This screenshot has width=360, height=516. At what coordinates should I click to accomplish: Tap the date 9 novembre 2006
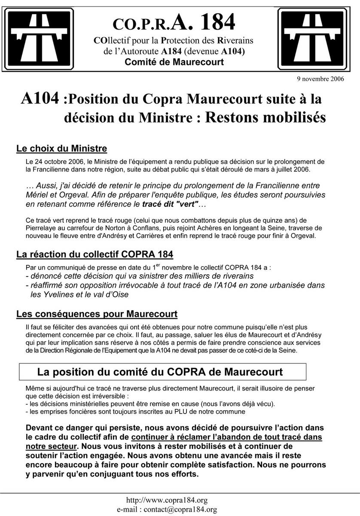(320, 79)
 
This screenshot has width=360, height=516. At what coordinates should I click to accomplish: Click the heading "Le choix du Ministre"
(61, 149)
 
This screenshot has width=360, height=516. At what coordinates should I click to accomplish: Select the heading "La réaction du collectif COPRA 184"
(95, 254)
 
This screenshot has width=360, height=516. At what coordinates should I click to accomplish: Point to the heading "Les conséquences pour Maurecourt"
(97, 314)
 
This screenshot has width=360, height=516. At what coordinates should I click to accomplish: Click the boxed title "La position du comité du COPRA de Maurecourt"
(160, 371)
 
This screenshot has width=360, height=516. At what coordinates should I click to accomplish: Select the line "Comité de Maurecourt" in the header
(174, 62)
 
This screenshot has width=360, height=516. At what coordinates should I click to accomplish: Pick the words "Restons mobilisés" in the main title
(265, 117)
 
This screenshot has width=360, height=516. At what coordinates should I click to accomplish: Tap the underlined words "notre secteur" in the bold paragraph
(52, 446)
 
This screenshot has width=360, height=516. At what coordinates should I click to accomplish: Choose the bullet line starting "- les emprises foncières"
(135, 412)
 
